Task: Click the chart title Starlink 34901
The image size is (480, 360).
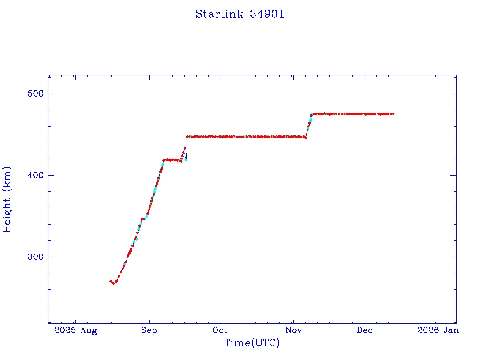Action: click(x=240, y=14)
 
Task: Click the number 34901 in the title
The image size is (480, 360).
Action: click(x=267, y=14)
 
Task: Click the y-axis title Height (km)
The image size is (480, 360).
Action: click(x=7, y=199)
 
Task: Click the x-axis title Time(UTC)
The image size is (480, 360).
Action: click(x=252, y=343)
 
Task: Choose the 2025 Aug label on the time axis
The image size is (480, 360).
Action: click(x=75, y=330)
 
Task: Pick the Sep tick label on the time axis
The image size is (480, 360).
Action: click(x=149, y=330)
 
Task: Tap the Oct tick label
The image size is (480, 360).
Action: click(x=220, y=330)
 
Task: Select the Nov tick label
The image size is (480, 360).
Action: click(x=293, y=330)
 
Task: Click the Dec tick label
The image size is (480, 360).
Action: click(x=365, y=330)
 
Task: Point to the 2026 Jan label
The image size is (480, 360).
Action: click(x=437, y=330)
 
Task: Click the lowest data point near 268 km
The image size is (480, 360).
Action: click(x=113, y=284)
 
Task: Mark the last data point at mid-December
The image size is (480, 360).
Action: click(x=393, y=114)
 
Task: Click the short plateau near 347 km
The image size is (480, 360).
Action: click(x=142, y=218)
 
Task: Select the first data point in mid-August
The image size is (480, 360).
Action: click(x=110, y=281)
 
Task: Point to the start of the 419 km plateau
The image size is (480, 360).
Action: click(x=164, y=160)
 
